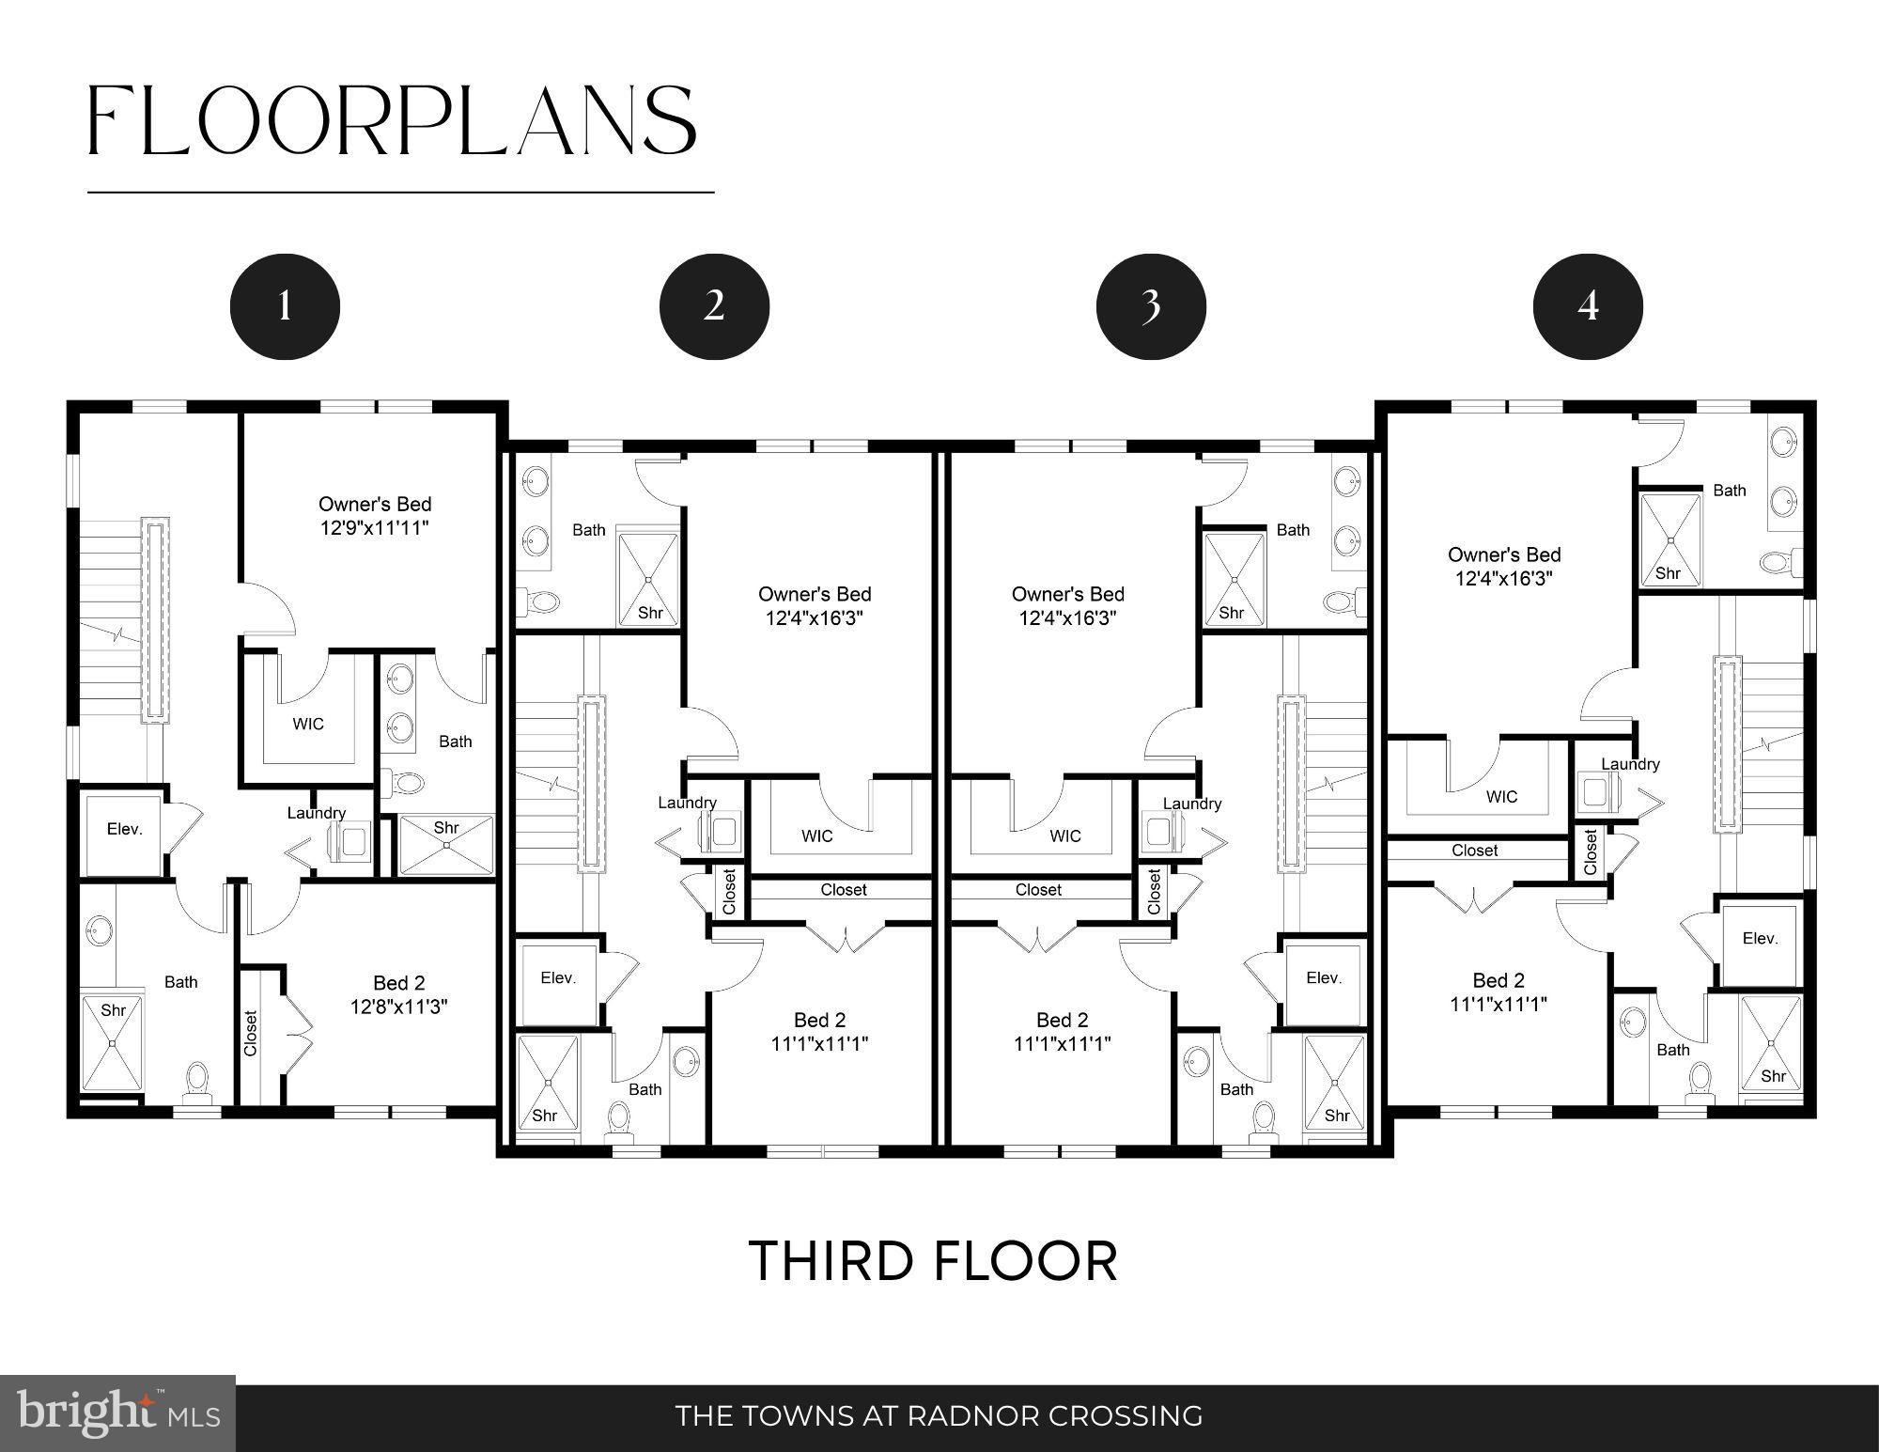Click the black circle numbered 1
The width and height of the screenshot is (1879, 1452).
click(285, 306)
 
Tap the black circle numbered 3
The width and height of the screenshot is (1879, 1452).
click(1151, 306)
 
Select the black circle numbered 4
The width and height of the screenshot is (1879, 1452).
click(1588, 306)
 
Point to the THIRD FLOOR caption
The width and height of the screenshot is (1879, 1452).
click(934, 1261)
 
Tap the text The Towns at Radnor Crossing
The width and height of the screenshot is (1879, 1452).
click(939, 1415)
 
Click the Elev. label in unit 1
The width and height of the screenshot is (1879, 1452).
click(124, 829)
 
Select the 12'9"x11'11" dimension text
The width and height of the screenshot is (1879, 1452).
click(374, 527)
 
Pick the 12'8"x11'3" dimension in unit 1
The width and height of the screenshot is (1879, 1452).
click(398, 1007)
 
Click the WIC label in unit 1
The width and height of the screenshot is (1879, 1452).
click(308, 724)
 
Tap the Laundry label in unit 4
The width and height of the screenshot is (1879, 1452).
click(1630, 764)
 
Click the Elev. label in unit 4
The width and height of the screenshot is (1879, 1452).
click(1760, 938)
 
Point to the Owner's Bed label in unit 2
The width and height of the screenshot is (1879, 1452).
click(815, 594)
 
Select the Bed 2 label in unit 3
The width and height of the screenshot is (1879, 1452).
click(1062, 1020)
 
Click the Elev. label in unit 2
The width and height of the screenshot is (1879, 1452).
click(558, 977)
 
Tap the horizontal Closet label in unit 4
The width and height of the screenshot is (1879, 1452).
click(1474, 851)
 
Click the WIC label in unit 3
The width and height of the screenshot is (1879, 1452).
click(1064, 835)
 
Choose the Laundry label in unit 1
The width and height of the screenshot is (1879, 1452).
click(317, 813)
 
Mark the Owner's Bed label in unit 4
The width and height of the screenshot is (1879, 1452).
click(1504, 554)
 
